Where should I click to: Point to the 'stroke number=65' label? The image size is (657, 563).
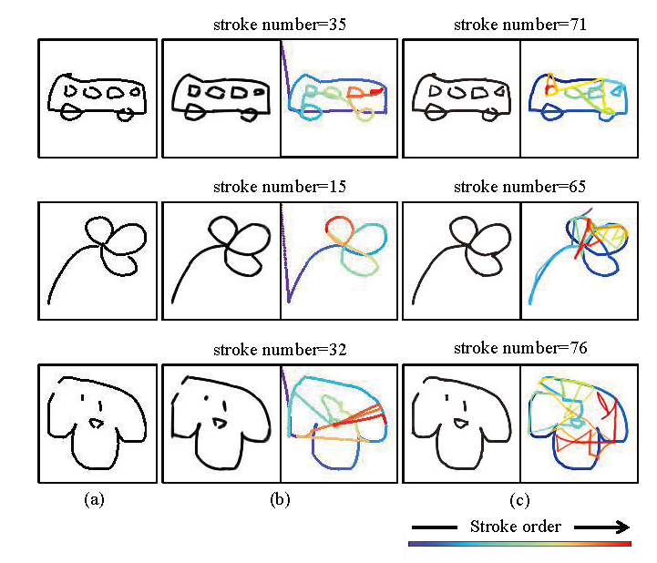(x=518, y=188)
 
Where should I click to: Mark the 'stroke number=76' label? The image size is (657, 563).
(x=518, y=349)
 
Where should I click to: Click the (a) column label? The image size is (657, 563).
(x=94, y=499)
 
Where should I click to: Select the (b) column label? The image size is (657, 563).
(x=278, y=499)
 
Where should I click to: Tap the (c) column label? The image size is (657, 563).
(x=519, y=499)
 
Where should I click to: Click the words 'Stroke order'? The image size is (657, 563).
(x=515, y=527)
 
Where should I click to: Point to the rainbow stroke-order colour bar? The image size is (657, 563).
(x=519, y=544)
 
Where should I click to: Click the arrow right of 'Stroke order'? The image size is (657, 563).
(x=601, y=527)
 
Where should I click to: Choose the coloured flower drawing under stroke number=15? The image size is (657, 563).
(x=339, y=260)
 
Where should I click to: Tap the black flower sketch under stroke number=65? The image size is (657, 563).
(x=460, y=260)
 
